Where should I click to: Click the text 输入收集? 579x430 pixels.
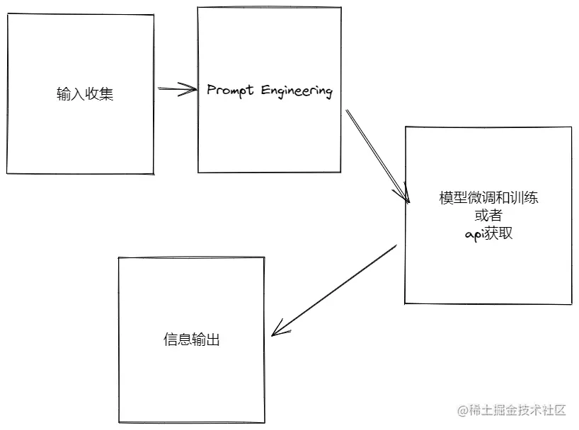[85, 94]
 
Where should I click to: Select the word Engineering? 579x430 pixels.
[297, 92]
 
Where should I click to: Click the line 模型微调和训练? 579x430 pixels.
[488, 198]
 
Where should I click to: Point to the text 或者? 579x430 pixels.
[488, 216]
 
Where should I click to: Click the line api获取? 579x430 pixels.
[488, 234]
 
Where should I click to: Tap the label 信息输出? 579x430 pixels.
[191, 339]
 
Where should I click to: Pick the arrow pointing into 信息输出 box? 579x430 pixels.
[333, 290]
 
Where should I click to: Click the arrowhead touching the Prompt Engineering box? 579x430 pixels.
[191, 89]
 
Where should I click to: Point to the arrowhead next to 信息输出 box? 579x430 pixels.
[277, 329]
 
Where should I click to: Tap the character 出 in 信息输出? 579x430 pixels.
[213, 339]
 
